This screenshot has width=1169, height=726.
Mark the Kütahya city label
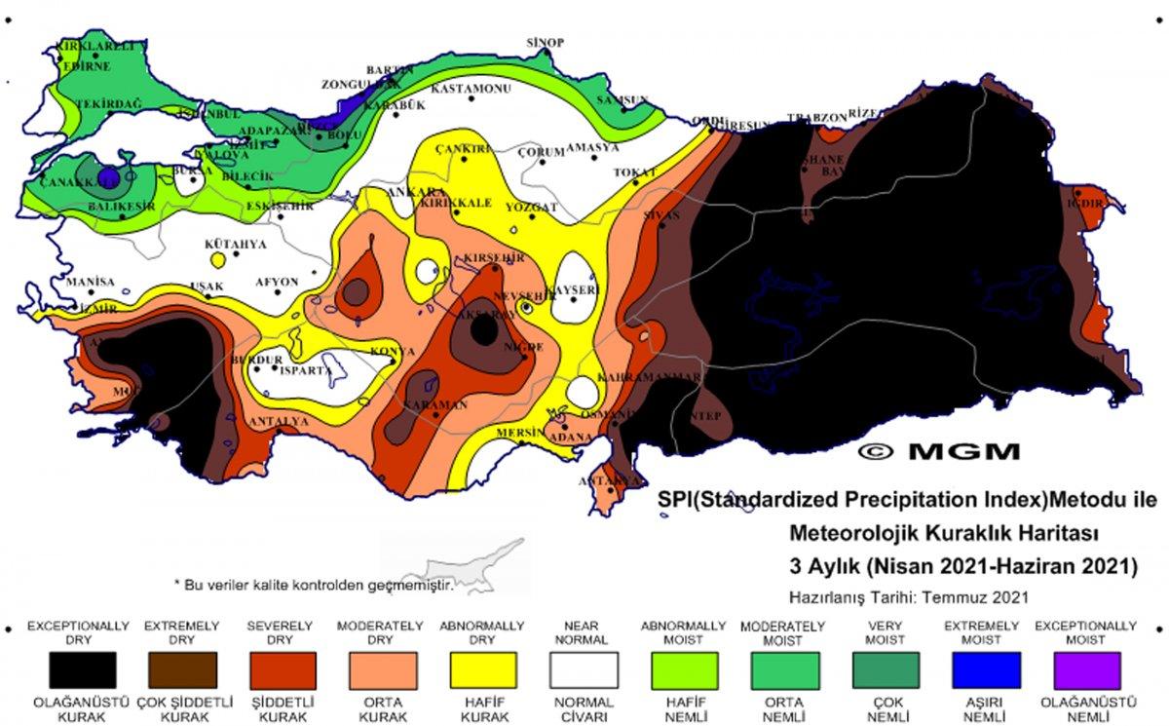[235, 245]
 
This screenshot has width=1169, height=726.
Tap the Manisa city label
[91, 282]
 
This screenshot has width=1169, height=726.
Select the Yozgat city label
[532, 208]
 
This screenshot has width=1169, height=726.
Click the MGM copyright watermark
[939, 451]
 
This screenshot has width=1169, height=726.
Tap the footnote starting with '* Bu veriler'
[314, 584]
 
